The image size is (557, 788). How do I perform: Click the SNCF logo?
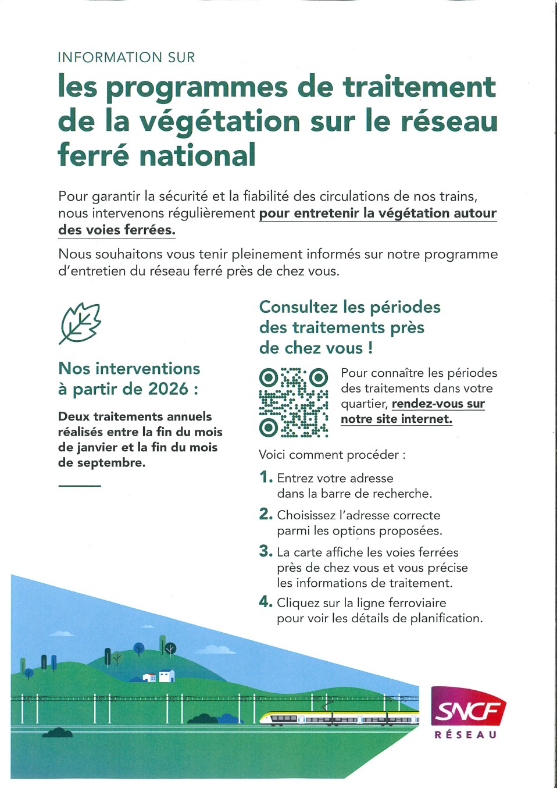(x=468, y=706)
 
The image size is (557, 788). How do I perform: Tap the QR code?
(x=294, y=402)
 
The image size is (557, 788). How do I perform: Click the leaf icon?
(x=80, y=323)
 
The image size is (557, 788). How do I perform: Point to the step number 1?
(x=265, y=477)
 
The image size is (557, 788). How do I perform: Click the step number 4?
(x=265, y=602)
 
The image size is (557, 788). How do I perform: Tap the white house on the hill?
(x=166, y=676)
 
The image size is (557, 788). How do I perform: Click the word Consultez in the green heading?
(x=298, y=306)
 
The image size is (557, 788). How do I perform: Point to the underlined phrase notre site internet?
(x=396, y=419)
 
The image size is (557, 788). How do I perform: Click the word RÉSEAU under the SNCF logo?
(x=466, y=735)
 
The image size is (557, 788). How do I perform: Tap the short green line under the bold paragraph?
(x=80, y=485)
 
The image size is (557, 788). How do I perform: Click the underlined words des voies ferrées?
(x=116, y=230)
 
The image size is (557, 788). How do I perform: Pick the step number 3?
(x=265, y=551)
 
